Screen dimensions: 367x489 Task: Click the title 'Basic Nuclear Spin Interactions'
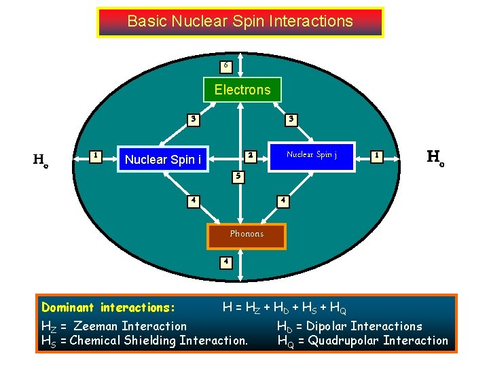(240, 22)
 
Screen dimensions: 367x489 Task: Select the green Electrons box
(242, 90)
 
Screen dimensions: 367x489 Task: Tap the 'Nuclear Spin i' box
(163, 160)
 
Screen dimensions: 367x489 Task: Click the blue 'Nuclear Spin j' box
(312, 155)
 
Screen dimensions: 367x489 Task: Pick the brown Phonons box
(246, 234)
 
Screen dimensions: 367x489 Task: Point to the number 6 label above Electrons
(226, 66)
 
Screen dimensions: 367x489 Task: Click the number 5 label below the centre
(237, 176)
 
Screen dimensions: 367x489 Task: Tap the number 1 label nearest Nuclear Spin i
(96, 156)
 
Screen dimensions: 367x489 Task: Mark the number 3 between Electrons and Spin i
(194, 120)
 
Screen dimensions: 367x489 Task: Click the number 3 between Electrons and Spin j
(291, 120)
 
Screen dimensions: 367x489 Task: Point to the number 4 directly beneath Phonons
(225, 262)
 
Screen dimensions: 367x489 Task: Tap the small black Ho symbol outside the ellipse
(41, 160)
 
